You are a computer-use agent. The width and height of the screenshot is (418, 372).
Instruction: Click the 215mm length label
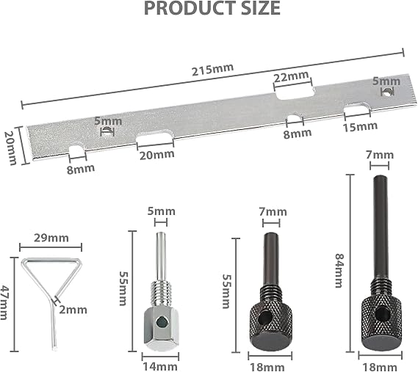(213, 70)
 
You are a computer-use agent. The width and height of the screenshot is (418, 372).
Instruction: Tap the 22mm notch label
(292, 77)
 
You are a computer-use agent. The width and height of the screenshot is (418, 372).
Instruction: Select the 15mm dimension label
(360, 127)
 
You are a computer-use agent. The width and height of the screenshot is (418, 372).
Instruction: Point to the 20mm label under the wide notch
(157, 155)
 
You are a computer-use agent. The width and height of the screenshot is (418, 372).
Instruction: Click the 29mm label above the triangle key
(51, 238)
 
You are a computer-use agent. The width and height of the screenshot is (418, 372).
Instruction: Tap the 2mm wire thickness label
(73, 310)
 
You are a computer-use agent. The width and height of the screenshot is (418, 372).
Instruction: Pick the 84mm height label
(339, 271)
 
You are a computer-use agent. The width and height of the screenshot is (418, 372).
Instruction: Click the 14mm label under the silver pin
(160, 366)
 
